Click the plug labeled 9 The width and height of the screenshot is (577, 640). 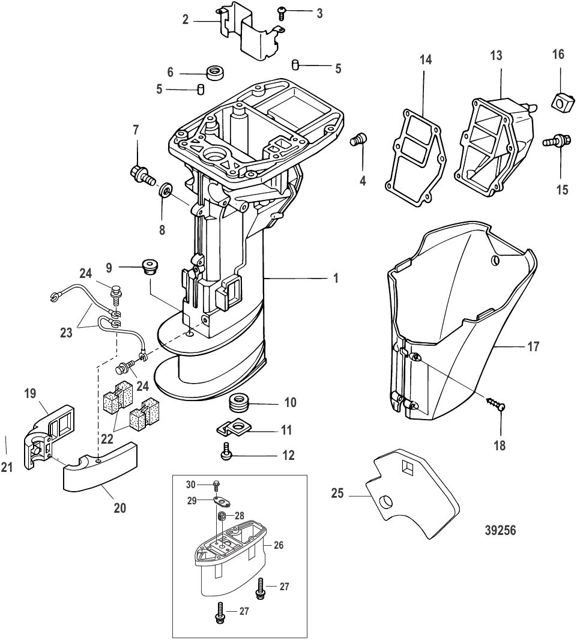148,266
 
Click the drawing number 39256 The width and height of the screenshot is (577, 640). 500,531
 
